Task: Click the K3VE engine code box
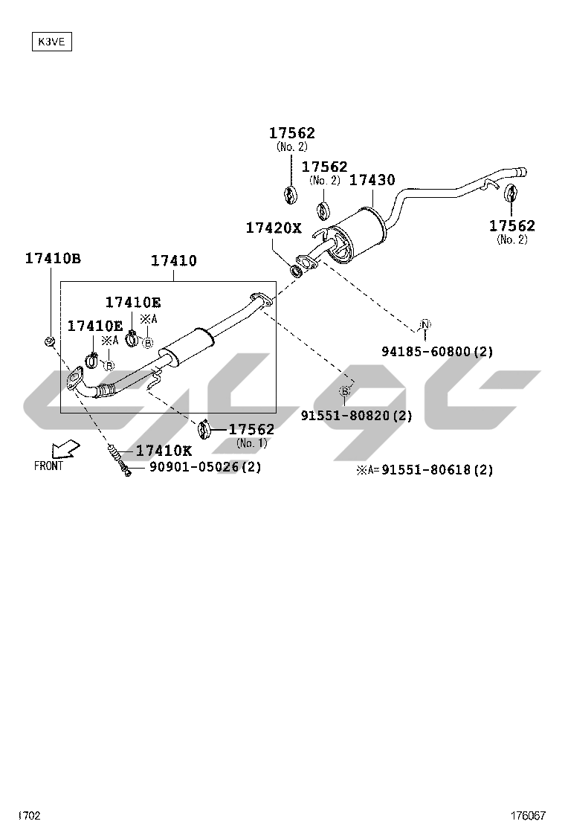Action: click(x=51, y=42)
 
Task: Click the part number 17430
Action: click(x=372, y=180)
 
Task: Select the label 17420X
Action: click(x=274, y=228)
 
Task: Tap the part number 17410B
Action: click(x=53, y=259)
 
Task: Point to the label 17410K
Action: click(x=164, y=451)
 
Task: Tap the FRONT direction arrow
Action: click(x=65, y=449)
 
